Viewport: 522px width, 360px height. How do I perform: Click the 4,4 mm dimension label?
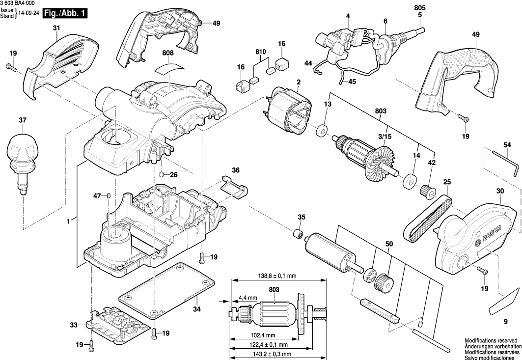point(248,298)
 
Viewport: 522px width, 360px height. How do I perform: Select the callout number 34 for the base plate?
point(196,309)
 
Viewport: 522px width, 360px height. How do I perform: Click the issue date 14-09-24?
point(29,14)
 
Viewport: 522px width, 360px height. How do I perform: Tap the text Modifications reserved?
point(491,340)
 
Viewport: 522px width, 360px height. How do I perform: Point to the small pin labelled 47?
point(109,196)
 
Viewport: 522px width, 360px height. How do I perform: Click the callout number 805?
point(420,8)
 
